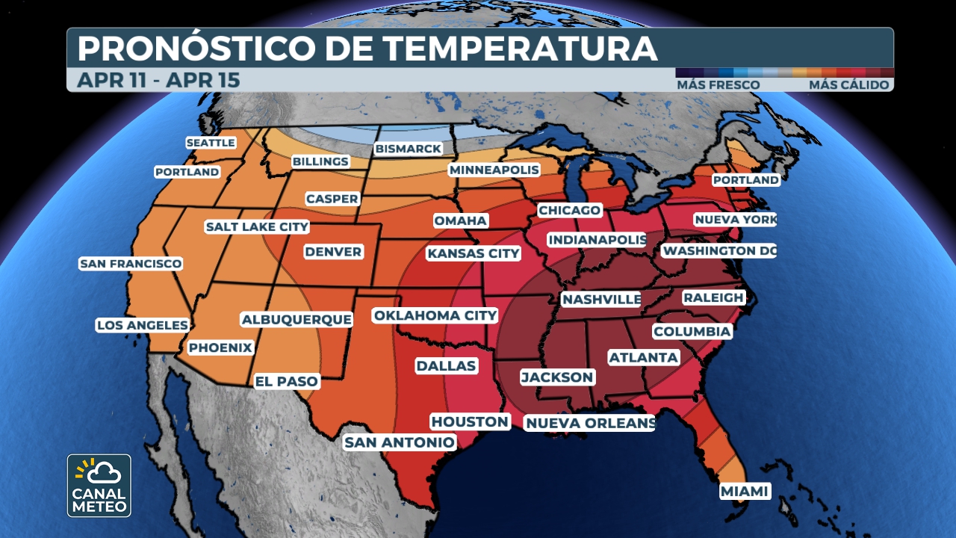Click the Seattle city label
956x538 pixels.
point(211,143)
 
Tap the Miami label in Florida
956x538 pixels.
point(745,491)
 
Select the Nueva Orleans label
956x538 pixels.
point(590,424)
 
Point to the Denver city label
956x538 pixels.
point(333,252)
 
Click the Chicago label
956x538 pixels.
point(569,210)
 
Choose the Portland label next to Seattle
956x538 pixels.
point(187,172)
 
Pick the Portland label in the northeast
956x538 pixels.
point(745,180)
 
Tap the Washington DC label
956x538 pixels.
point(719,250)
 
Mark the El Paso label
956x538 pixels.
point(287,381)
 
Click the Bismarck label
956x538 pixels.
point(409,149)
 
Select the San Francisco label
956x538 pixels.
point(131,264)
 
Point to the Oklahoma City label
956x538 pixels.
point(435,315)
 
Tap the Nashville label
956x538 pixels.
point(601,300)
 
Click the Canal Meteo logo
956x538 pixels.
point(99,485)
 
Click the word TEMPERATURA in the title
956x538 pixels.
point(521,49)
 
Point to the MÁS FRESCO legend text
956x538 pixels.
point(718,85)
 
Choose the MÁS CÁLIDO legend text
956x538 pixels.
point(849,85)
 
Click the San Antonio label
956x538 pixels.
point(399,442)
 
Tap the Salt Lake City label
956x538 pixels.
point(257,226)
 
